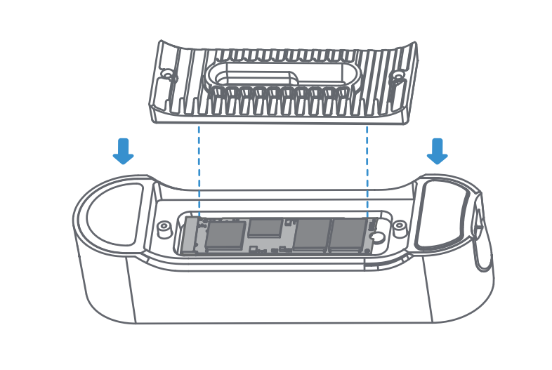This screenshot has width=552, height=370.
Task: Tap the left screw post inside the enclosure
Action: click(164, 227)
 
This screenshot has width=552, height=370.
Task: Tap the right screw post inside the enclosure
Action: click(399, 226)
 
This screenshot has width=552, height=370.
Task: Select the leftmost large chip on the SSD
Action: click(225, 236)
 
